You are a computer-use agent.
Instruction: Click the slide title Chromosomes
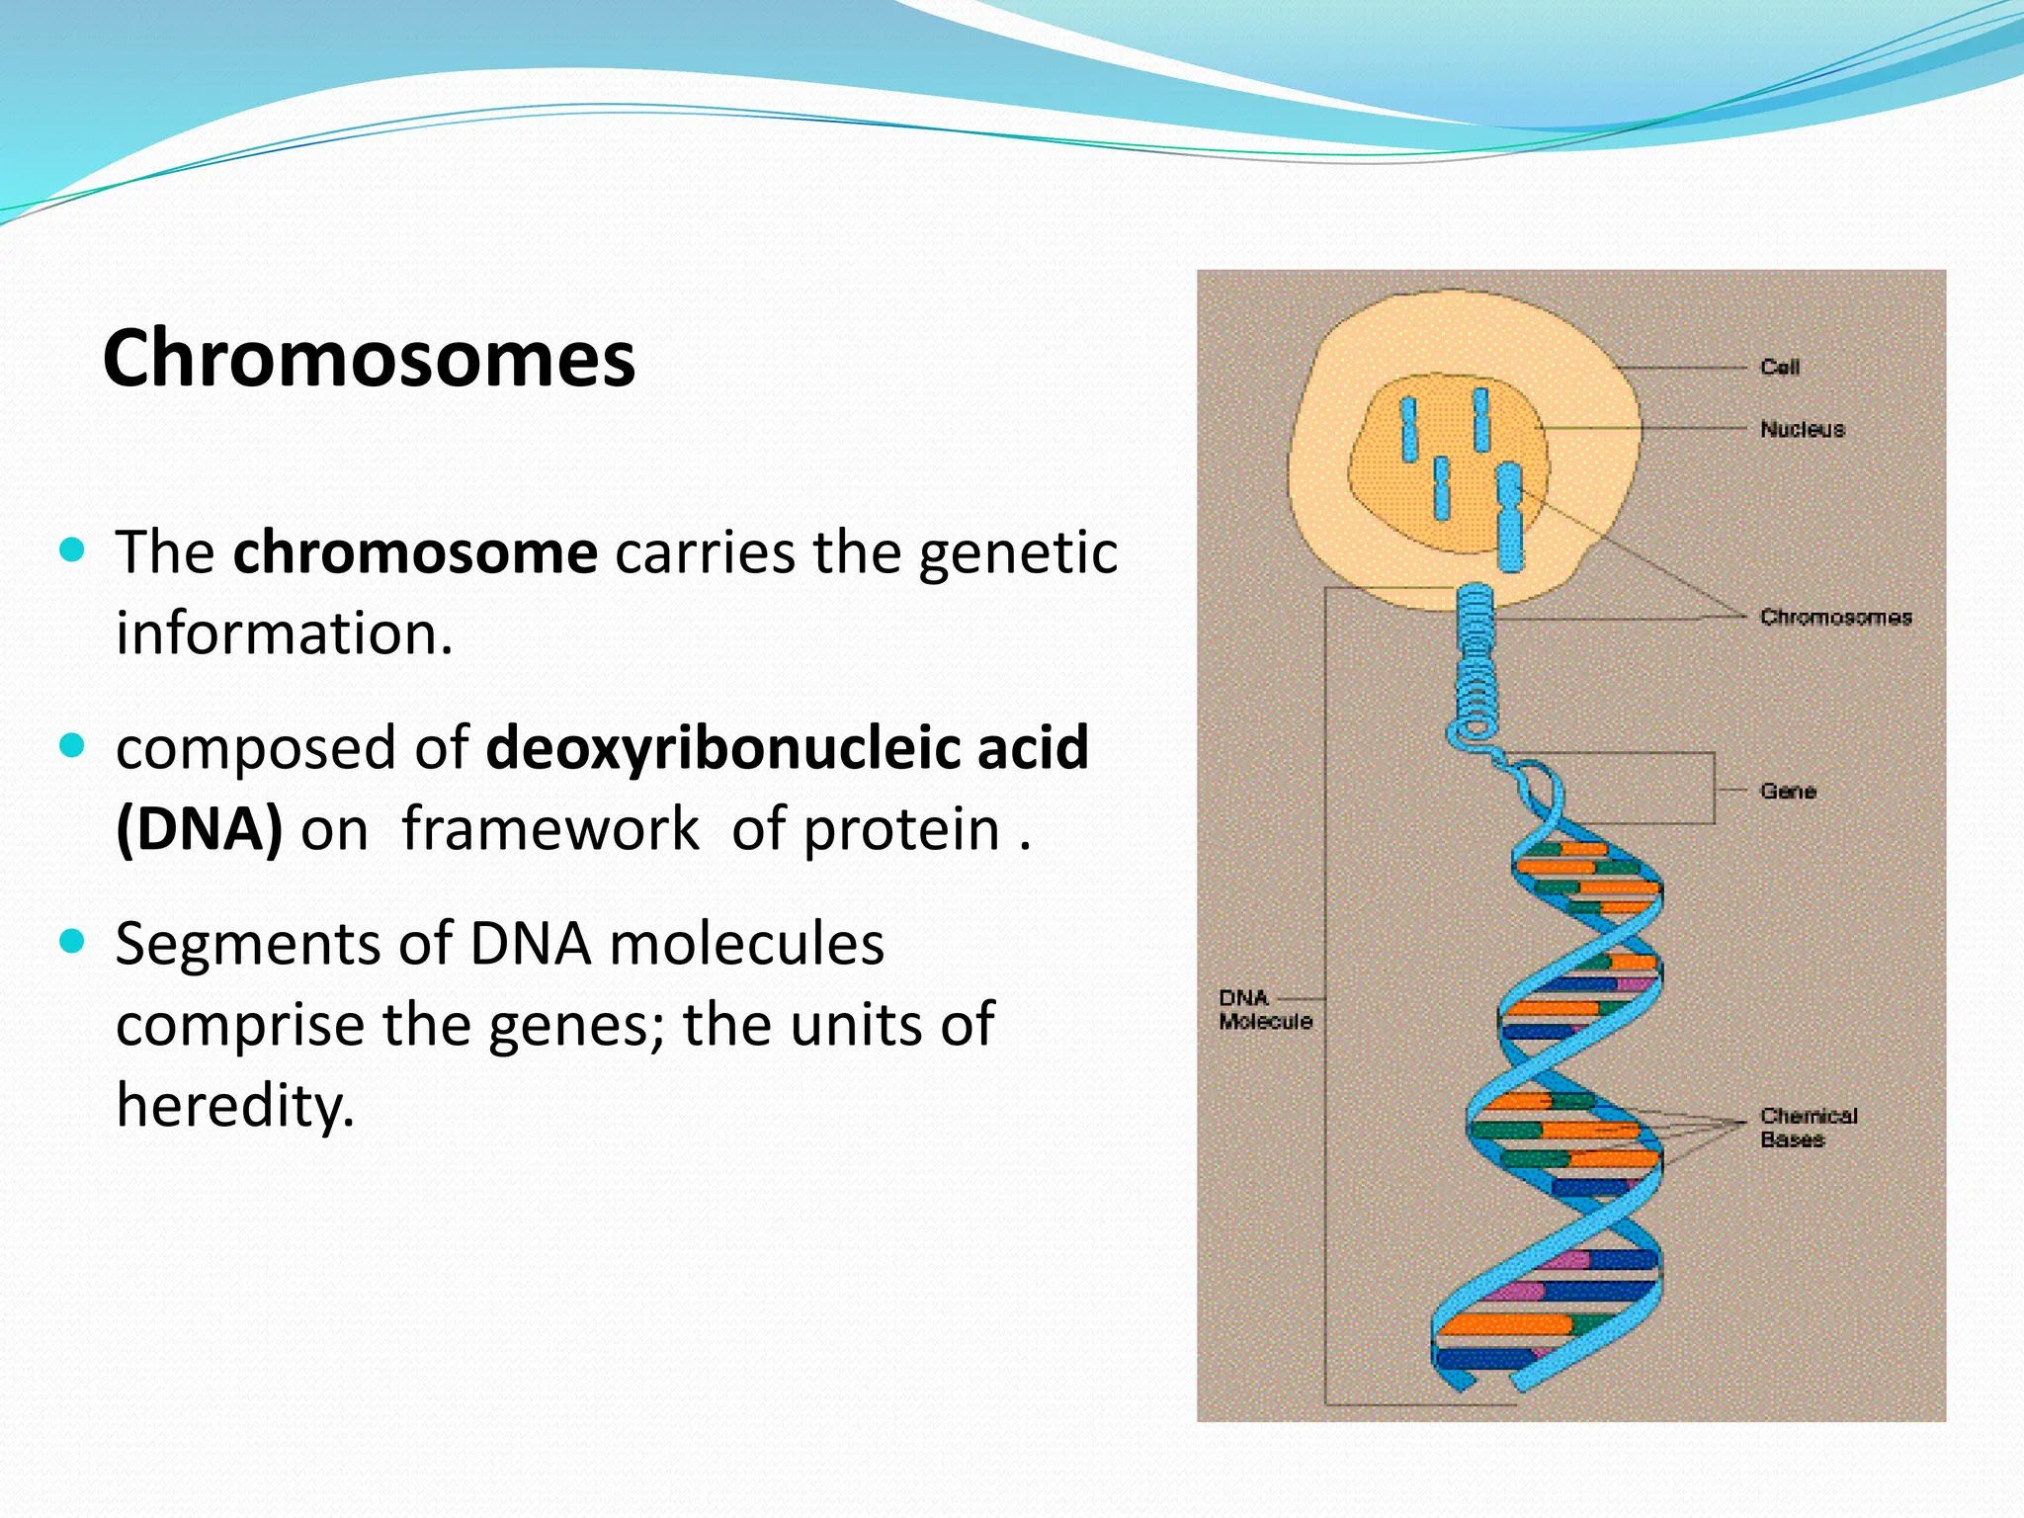click(x=369, y=358)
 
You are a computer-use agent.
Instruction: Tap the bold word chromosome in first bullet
click(x=415, y=552)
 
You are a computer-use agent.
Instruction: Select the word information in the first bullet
click(x=284, y=632)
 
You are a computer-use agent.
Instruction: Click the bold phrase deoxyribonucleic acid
click(x=787, y=747)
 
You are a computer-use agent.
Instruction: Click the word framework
click(x=550, y=828)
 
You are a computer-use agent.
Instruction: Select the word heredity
click(x=234, y=1104)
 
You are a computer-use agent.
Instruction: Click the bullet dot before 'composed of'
click(x=73, y=745)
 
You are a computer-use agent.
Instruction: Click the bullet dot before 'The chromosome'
click(x=73, y=549)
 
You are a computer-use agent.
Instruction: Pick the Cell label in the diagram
click(x=1780, y=367)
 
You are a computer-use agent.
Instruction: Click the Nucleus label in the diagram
click(x=1802, y=429)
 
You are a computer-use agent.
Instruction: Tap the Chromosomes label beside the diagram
click(x=1835, y=617)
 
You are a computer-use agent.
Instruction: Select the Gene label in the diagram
click(x=1788, y=791)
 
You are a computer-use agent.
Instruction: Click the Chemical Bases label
click(x=1808, y=1128)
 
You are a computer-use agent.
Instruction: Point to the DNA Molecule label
click(x=1264, y=1009)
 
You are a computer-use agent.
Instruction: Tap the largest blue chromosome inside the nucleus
click(x=1509, y=517)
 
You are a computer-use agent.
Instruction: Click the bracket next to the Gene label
click(x=1713, y=789)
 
